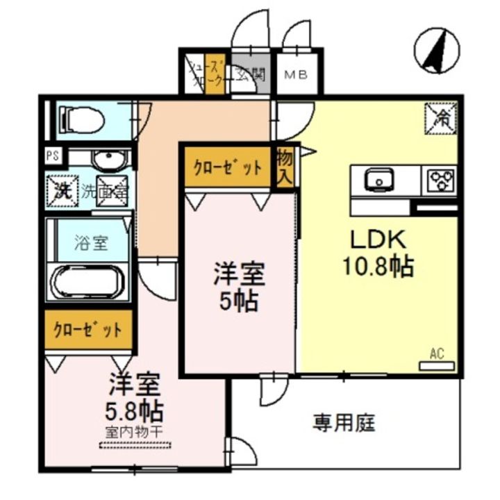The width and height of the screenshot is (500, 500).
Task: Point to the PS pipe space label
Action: click(51, 156)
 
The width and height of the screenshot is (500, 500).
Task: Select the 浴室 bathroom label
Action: click(91, 243)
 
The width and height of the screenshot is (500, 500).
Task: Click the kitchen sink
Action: click(378, 181)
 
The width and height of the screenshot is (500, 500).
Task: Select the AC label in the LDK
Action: click(436, 354)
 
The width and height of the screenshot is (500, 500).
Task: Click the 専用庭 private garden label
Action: click(344, 422)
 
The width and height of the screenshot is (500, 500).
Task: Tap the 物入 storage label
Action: click(285, 166)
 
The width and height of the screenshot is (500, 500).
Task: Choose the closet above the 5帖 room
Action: click(227, 167)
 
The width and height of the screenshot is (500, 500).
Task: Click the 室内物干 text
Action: click(134, 431)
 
